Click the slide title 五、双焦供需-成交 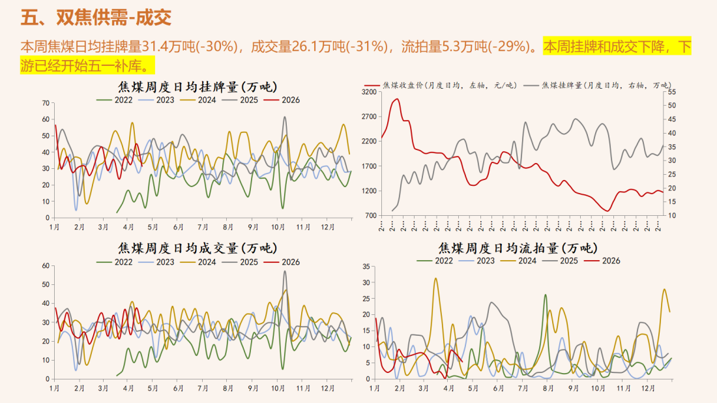coord(96,18)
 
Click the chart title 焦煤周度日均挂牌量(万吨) coord(197,87)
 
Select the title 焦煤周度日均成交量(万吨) coord(197,248)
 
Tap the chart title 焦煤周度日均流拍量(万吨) coord(518,248)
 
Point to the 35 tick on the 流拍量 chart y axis coord(366,266)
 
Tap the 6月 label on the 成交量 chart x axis coord(179,388)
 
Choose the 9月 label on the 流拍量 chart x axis coord(574,388)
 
